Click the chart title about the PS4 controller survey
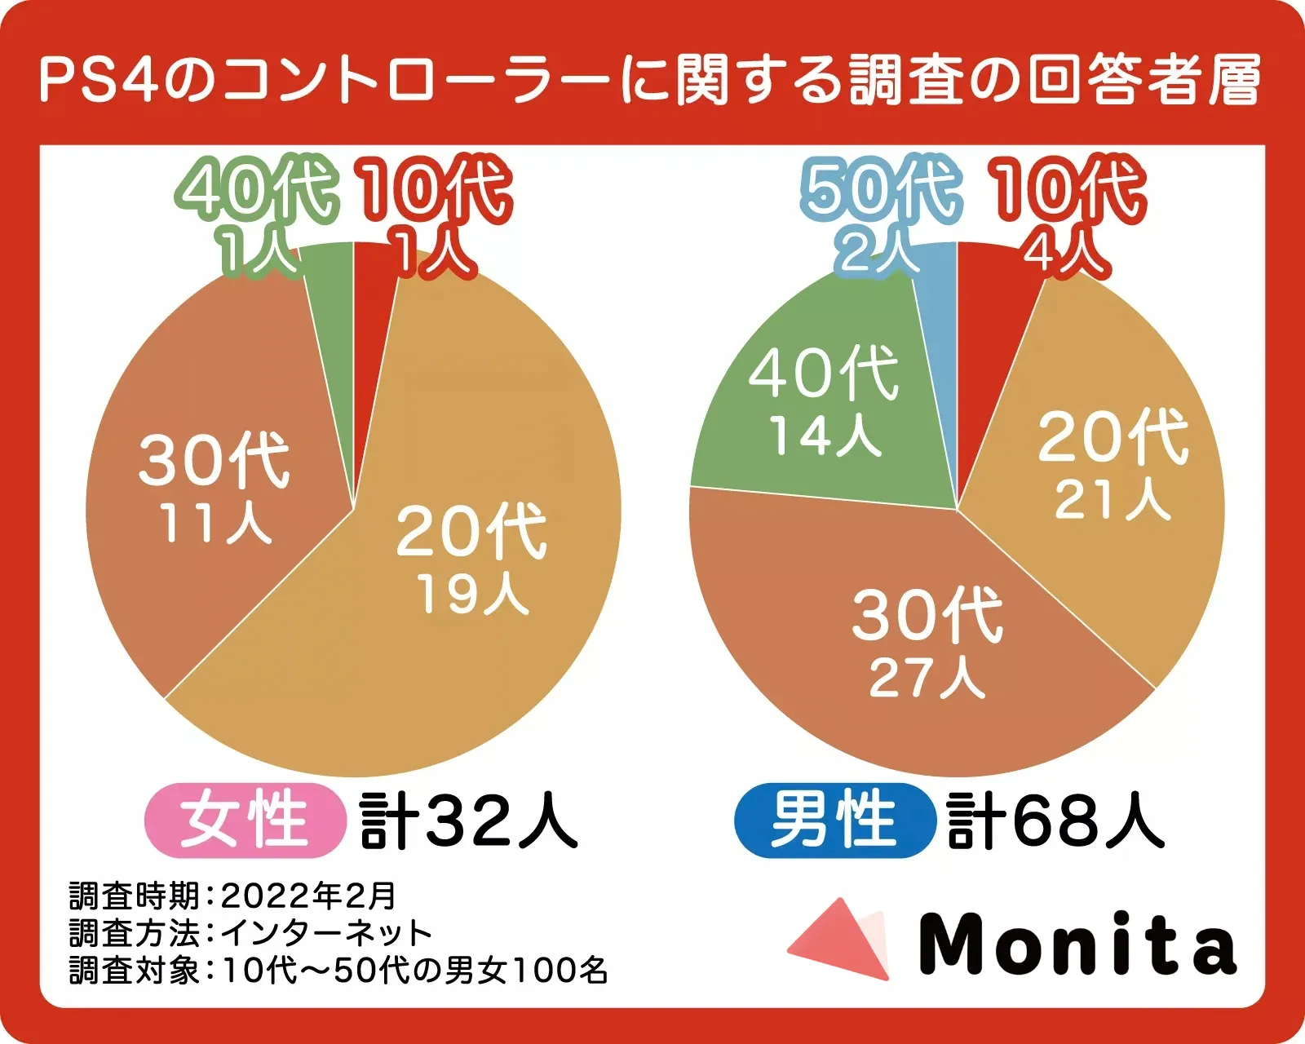651,80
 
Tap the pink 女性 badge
243,820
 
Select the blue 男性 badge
834,820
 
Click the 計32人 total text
468,820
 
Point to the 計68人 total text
1055,820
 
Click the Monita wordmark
1078,944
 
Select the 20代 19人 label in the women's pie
471,559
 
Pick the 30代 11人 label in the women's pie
215,488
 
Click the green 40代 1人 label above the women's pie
256,214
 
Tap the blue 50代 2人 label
879,214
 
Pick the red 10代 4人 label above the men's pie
1067,214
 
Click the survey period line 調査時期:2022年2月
232,896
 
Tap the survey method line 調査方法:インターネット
250,932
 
